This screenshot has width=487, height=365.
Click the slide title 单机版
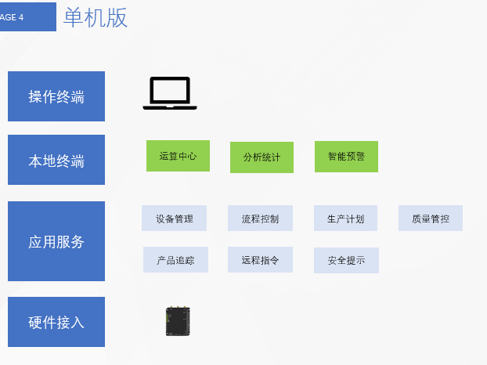(96, 17)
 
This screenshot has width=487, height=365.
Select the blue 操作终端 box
(56, 96)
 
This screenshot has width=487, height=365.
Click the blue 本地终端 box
(56, 161)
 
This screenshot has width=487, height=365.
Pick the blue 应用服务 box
(56, 241)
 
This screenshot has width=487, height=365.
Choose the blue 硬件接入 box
(56, 322)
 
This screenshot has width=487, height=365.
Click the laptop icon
(170, 94)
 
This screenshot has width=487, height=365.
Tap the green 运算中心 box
(178, 156)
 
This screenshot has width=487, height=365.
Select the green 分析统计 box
(262, 157)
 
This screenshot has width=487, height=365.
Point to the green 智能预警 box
(346, 157)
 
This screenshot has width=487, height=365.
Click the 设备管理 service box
(174, 219)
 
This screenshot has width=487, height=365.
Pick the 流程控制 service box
(260, 219)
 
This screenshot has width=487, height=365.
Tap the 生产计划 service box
(346, 219)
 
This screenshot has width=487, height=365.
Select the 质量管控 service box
(431, 219)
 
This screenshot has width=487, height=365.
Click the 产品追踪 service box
(175, 260)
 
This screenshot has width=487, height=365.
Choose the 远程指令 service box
(260, 260)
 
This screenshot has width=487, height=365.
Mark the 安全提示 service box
(346, 260)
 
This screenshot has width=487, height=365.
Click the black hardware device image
(179, 321)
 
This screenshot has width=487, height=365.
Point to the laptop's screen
(170, 90)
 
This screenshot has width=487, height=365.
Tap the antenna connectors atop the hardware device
(179, 309)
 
